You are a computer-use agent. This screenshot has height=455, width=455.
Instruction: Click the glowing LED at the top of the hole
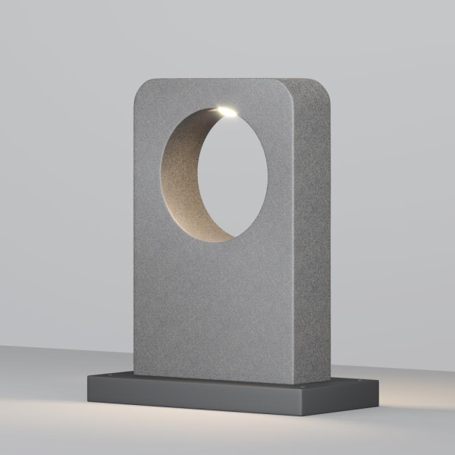pyautogui.click(x=226, y=112)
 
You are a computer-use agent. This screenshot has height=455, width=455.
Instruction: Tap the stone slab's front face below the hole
pyautogui.click(x=212, y=311)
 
